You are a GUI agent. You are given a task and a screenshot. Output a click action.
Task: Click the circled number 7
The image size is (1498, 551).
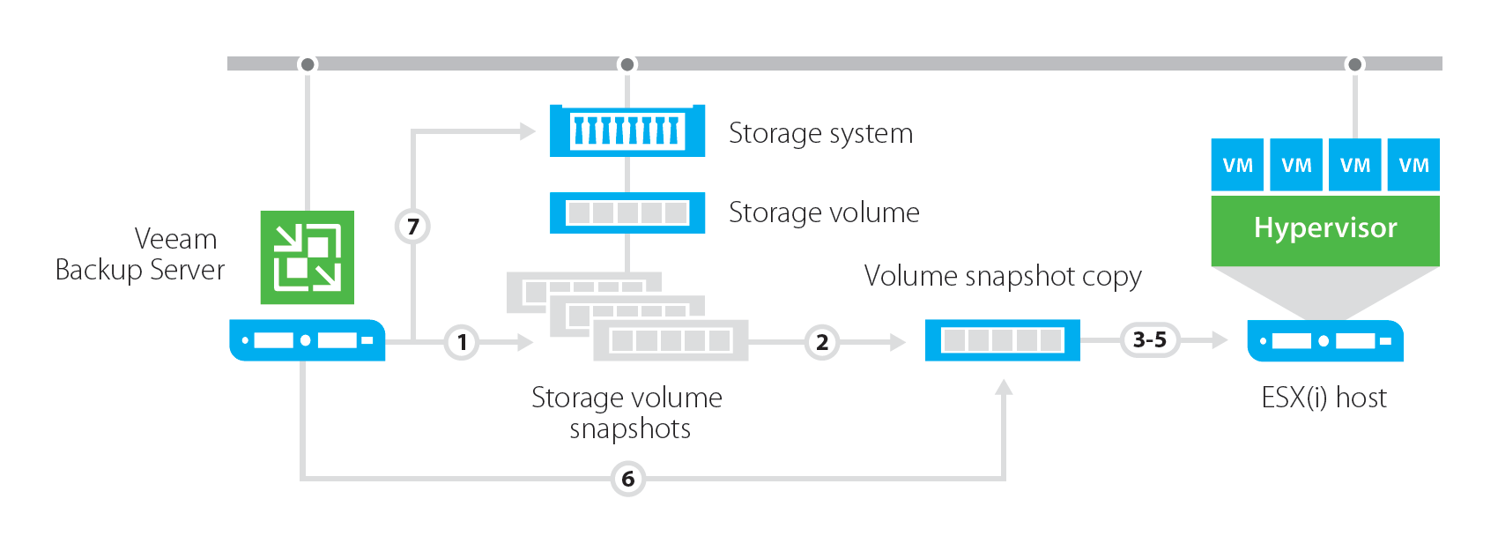point(412,227)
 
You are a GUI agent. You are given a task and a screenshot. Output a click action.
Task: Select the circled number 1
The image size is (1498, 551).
point(462,342)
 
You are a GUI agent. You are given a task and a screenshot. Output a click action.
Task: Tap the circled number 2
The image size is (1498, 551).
point(821,342)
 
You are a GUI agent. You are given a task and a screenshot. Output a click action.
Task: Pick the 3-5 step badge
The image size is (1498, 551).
point(1149,339)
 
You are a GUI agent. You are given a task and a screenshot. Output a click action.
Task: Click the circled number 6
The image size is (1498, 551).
point(627,479)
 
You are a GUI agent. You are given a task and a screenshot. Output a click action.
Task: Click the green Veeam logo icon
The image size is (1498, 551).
point(307,257)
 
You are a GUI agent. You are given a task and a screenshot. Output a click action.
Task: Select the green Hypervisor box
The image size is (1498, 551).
point(1324,229)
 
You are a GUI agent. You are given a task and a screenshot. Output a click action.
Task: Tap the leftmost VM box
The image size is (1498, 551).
point(1237,165)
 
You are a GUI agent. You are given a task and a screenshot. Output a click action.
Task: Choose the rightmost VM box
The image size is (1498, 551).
point(1413,165)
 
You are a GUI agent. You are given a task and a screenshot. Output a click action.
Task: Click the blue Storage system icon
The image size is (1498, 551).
point(627,131)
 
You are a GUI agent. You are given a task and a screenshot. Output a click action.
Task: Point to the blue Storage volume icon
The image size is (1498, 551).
point(627,212)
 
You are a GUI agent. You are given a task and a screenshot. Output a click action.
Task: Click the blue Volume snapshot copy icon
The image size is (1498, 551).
point(1002,340)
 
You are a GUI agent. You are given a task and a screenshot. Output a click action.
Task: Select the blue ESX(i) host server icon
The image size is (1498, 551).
point(1324,341)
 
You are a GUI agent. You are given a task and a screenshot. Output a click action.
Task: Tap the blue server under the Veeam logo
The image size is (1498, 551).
point(307,340)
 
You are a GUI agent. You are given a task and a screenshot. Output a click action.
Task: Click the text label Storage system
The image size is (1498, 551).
point(820,133)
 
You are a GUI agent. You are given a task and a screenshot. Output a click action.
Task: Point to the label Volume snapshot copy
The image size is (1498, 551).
point(1002,276)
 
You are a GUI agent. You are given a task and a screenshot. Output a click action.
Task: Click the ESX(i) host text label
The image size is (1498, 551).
point(1324,398)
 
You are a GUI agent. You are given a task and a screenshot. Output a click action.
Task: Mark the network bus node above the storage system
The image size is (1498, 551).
point(627,64)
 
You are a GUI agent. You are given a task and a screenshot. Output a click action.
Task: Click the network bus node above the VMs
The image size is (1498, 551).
point(1354,64)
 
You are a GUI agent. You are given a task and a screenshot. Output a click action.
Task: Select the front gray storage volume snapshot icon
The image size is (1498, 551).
point(670,340)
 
